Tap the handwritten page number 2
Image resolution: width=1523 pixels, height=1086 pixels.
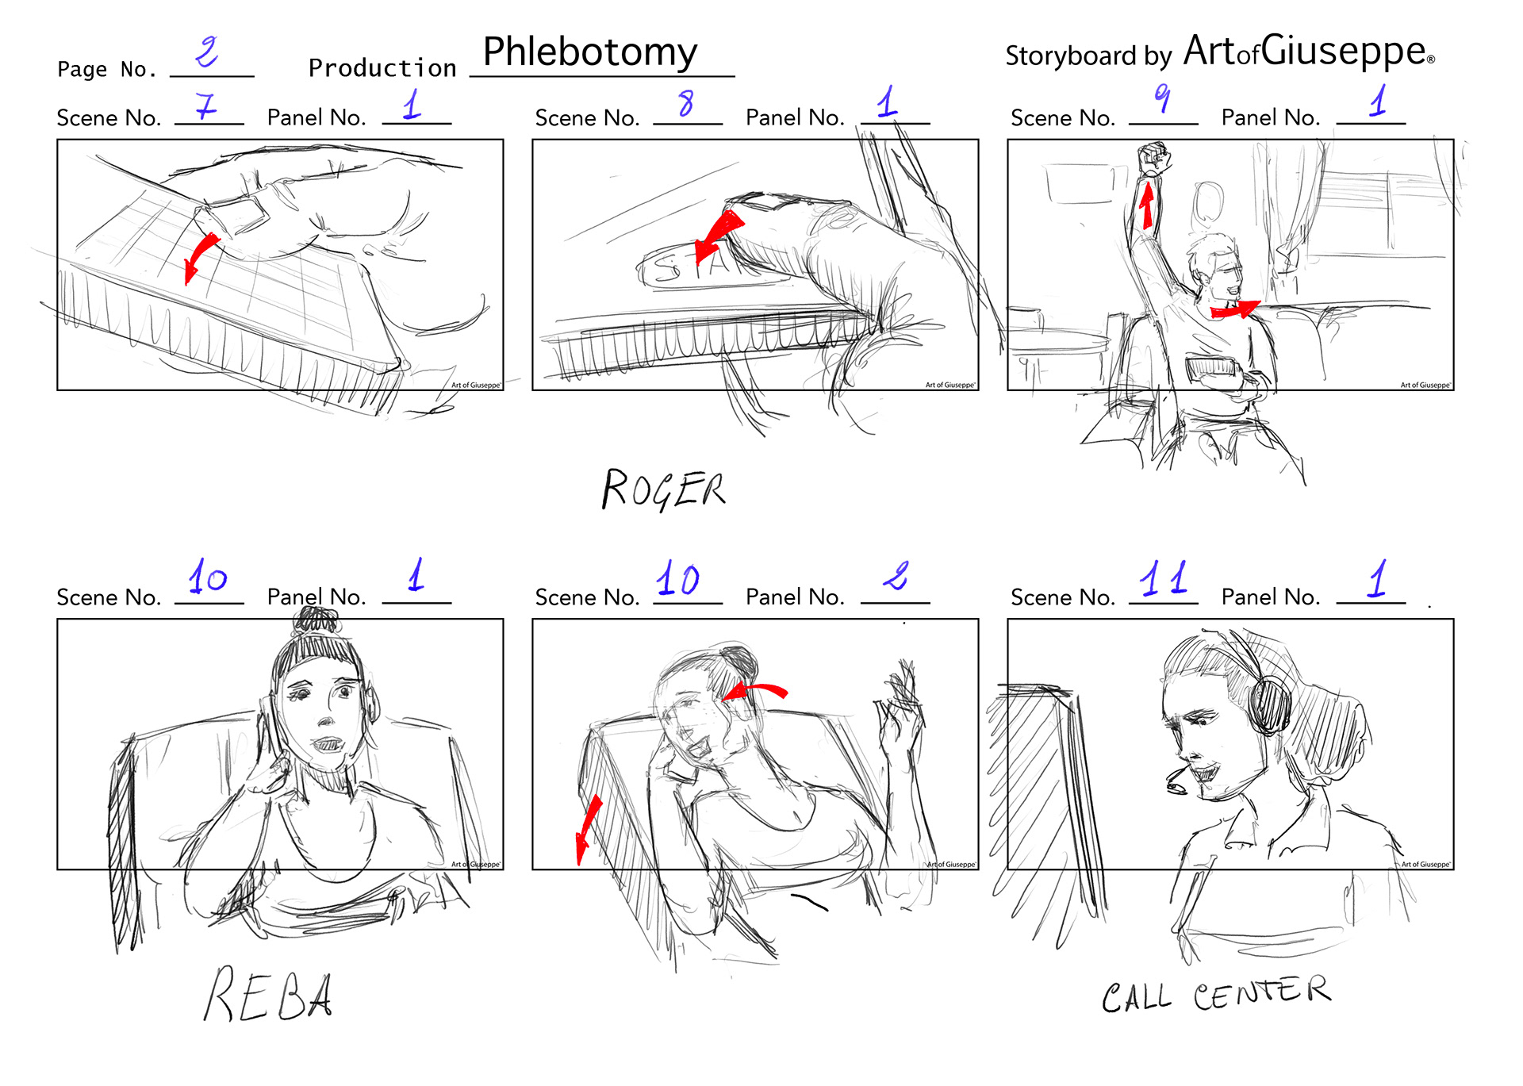click(x=207, y=52)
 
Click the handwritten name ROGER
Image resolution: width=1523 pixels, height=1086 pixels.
click(x=663, y=489)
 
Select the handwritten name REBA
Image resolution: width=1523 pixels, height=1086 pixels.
click(x=268, y=994)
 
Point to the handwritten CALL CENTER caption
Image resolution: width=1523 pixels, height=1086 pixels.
click(x=1216, y=995)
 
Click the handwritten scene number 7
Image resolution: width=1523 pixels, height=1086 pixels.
click(x=205, y=106)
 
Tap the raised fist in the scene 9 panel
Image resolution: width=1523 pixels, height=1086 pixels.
click(x=1153, y=159)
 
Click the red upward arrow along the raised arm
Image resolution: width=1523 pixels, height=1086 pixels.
click(x=1146, y=204)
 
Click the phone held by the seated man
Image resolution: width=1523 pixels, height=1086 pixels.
click(x=1210, y=367)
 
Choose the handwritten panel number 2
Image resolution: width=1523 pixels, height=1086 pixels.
click(x=896, y=577)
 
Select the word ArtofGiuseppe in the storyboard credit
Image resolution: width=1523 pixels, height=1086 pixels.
click(x=1309, y=52)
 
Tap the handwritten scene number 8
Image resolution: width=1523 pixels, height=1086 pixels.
click(x=686, y=104)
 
